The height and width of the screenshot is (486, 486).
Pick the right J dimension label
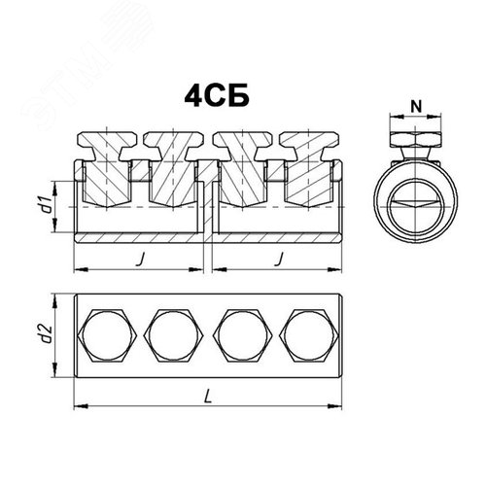[x=278, y=260]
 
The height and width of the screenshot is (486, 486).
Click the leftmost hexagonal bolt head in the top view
[x=110, y=333]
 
